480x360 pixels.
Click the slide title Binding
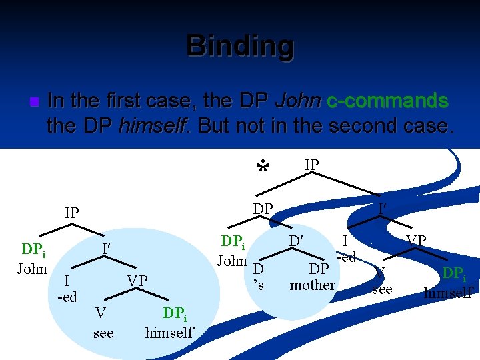[x=240, y=46]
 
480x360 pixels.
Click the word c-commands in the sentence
[x=387, y=101]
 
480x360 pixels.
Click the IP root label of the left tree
[x=72, y=213]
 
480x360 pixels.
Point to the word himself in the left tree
[x=169, y=333]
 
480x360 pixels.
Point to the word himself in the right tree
[x=448, y=293]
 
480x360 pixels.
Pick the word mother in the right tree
[x=312, y=285]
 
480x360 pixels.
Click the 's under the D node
[x=261, y=285]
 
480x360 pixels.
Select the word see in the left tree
[x=103, y=333]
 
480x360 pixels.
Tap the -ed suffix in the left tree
[x=67, y=297]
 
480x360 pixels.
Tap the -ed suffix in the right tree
[x=346, y=257]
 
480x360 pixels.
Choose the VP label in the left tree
[x=138, y=281]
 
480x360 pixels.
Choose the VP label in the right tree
[x=417, y=240]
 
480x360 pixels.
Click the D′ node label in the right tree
[x=297, y=240]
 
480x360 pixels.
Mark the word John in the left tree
[x=32, y=269]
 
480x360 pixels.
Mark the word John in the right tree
[x=232, y=261]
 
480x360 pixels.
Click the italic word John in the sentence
[x=297, y=101]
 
